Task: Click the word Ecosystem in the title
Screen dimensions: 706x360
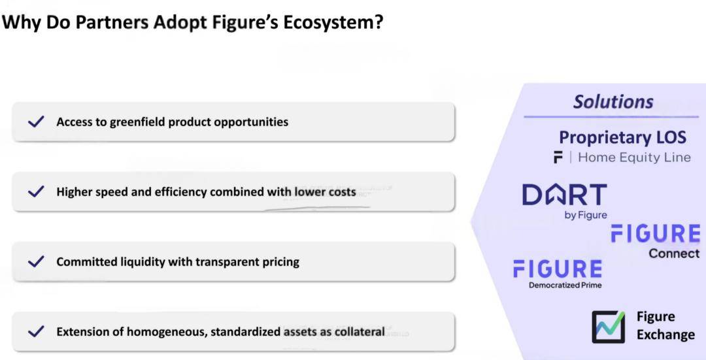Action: pyautogui.click(x=333, y=22)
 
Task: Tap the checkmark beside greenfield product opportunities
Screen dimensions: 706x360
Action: pyautogui.click(x=36, y=122)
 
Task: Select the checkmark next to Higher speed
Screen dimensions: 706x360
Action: pyautogui.click(x=36, y=191)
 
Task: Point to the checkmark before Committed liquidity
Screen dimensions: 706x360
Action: pyautogui.click(x=36, y=261)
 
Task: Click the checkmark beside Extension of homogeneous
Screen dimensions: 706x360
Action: pyautogui.click(x=36, y=332)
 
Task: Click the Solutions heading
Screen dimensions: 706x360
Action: pyautogui.click(x=613, y=102)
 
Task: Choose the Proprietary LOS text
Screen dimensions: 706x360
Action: pyautogui.click(x=623, y=137)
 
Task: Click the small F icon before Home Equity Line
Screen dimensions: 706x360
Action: pyautogui.click(x=558, y=157)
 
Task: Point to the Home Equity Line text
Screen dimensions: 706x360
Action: pyautogui.click(x=634, y=157)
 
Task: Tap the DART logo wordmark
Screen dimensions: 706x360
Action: pyautogui.click(x=565, y=195)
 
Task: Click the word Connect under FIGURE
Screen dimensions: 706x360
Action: pyautogui.click(x=675, y=254)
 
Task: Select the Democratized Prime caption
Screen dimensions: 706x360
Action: pyautogui.click(x=565, y=285)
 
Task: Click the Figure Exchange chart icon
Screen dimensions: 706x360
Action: pyautogui.click(x=609, y=327)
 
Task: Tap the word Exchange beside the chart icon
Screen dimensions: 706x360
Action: pyautogui.click(x=666, y=335)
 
